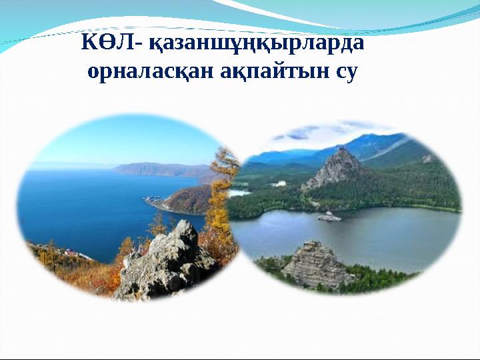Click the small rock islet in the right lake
point(329,216)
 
